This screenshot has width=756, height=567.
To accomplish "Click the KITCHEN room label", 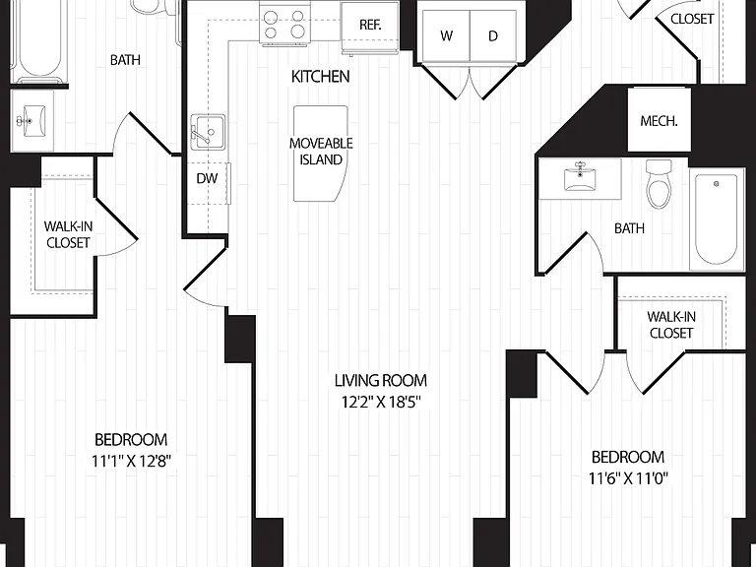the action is click(x=320, y=76).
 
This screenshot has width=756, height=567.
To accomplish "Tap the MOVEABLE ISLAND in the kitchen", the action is click(x=321, y=153).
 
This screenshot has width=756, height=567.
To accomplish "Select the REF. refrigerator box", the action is click(x=370, y=25).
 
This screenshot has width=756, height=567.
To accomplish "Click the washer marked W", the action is click(x=447, y=35).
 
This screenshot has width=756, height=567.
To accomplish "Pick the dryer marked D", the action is click(x=493, y=35).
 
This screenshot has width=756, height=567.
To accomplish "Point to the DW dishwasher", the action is click(x=208, y=178).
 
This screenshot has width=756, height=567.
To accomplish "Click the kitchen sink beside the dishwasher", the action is click(x=208, y=132).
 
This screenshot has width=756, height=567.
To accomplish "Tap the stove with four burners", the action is click(x=285, y=23).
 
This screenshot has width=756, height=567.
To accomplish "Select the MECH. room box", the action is click(x=660, y=120).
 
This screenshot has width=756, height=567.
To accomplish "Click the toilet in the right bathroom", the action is click(x=660, y=184).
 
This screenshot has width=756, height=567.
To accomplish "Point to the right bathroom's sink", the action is click(x=580, y=177).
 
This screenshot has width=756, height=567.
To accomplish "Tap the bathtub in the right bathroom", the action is click(x=717, y=220).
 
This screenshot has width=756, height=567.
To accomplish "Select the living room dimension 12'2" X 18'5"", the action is click(x=381, y=402).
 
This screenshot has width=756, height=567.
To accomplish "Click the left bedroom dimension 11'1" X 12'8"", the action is click(x=132, y=462).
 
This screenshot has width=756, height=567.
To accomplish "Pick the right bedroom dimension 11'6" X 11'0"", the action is click(x=628, y=478).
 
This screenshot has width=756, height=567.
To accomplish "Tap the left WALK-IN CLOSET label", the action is click(x=68, y=234).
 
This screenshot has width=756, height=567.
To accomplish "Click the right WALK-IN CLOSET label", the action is click(x=671, y=325).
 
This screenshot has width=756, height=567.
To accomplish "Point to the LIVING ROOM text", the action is click(x=381, y=380).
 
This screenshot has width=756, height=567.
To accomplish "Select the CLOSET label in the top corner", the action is click(x=692, y=19).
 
